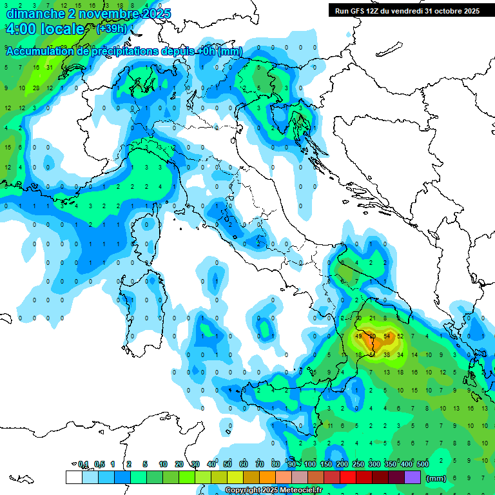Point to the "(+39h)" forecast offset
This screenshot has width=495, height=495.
tap(112, 29)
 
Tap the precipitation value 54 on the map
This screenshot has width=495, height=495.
tap(387, 336)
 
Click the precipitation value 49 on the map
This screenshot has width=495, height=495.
tap(359, 336)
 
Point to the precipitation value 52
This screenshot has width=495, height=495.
tap(401, 336)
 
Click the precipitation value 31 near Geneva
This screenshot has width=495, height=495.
tap(49, 68)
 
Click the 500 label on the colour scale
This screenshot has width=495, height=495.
tap(423, 464)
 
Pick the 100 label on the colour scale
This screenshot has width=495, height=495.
tap(310, 464)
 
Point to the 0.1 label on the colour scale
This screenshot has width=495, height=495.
tap(83, 464)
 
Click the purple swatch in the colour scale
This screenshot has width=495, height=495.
tap(412, 477)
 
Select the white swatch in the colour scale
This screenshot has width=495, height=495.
tap(73, 477)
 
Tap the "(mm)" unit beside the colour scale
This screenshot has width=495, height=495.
tap(436, 478)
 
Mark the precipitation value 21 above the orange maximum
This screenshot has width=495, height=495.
tap(373, 318)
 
